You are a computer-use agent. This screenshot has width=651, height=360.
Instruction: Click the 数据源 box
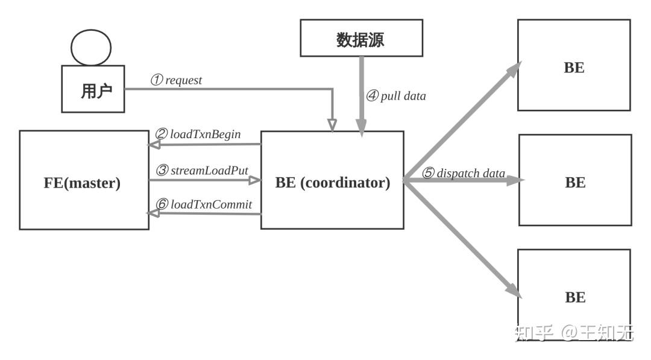point(362,38)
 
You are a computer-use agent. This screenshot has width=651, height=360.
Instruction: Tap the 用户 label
point(96,91)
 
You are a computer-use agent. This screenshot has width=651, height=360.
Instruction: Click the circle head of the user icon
point(91,47)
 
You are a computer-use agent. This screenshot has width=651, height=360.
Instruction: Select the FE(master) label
point(82,183)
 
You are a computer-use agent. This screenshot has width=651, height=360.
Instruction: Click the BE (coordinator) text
point(333,182)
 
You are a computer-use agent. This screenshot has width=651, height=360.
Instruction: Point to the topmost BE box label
point(574,68)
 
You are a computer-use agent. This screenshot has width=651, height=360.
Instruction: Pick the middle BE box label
point(575,182)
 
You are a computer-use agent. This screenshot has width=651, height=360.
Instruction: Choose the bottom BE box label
point(575,297)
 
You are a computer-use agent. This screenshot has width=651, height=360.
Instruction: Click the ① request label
point(176,80)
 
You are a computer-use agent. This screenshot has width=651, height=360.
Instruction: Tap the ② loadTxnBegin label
point(198,134)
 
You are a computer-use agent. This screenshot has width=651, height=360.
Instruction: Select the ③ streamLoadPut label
point(202,170)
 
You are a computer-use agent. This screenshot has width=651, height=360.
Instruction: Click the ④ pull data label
point(396,96)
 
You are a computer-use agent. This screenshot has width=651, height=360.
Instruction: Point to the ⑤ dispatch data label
point(464,172)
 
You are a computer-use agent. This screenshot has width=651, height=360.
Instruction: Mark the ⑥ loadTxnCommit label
point(204,204)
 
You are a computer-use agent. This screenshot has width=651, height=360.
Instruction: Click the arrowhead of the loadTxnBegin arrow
point(154,145)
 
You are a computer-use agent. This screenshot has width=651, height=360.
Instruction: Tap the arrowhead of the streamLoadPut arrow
point(255,180)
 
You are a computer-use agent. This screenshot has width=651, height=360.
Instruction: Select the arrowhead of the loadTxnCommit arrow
point(153,213)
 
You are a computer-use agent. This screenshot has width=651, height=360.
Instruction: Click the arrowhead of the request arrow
point(332,125)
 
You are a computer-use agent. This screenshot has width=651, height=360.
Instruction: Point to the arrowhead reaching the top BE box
point(514,70)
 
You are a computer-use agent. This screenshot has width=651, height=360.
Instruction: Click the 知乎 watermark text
point(534,333)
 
